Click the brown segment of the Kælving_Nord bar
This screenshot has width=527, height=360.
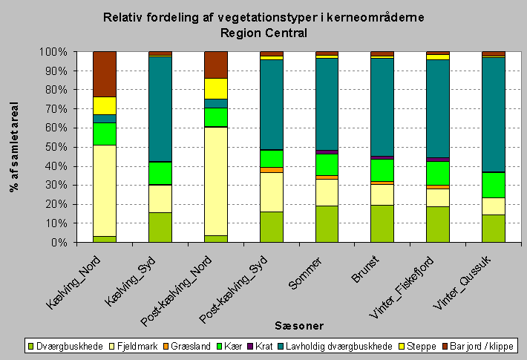click(x=105, y=73)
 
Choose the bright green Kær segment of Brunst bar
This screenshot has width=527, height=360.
click(x=382, y=170)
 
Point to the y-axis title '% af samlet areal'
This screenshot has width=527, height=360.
click(x=13, y=147)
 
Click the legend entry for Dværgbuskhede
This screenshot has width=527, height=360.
click(x=65, y=346)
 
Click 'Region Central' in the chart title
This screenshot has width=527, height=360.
click(x=263, y=33)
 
